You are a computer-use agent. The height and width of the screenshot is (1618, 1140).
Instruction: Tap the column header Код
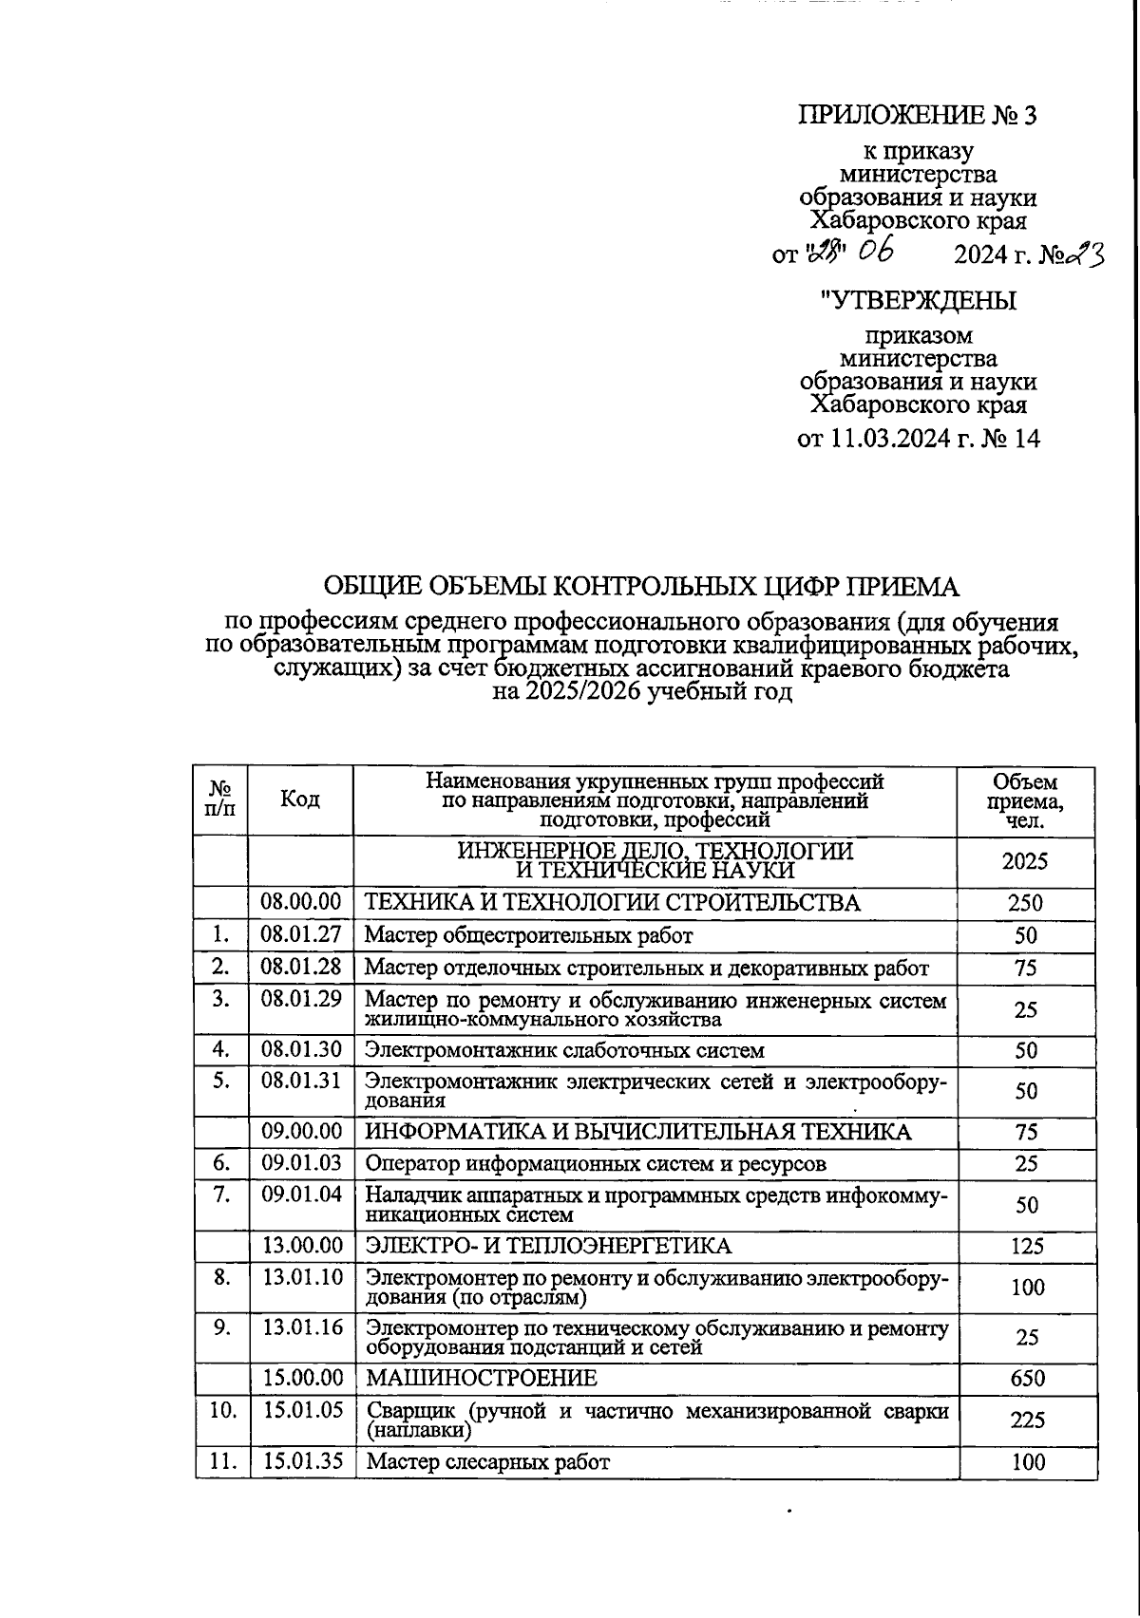300,800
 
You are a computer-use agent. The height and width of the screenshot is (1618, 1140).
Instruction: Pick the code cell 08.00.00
300,902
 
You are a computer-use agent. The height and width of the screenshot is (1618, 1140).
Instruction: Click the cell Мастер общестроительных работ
529,935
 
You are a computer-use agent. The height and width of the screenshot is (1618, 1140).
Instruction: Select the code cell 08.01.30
300,1050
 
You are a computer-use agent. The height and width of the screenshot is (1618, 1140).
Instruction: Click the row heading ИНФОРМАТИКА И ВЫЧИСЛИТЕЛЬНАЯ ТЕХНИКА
638,1132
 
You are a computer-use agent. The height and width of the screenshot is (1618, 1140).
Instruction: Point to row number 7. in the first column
222,1195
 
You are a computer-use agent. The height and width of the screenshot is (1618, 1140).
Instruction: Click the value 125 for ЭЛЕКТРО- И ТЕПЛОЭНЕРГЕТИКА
1026,1246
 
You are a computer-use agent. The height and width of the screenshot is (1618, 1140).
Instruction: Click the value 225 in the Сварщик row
1027,1420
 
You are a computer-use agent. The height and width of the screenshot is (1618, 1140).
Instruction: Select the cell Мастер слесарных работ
487,1462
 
